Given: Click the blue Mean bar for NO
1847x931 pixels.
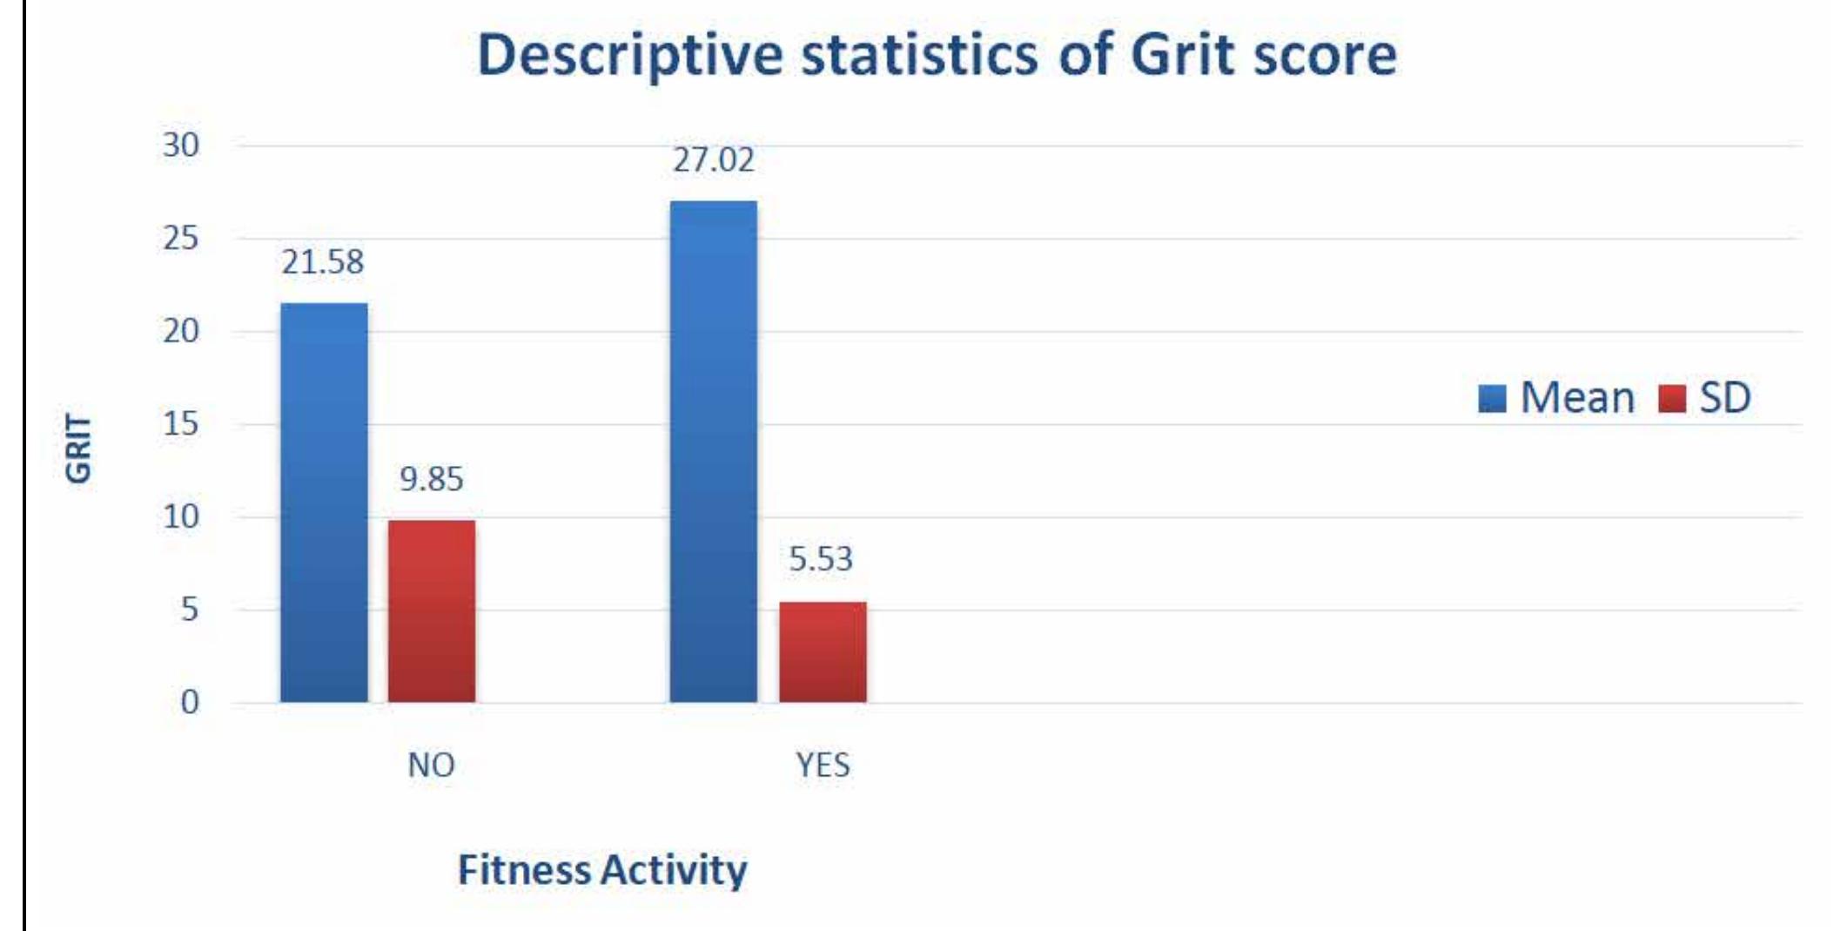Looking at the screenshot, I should click(x=324, y=503).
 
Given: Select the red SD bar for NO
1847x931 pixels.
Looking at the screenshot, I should click(x=432, y=611).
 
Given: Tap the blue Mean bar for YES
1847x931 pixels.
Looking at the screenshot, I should click(x=713, y=451).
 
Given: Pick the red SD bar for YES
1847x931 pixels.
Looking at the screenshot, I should click(x=823, y=651).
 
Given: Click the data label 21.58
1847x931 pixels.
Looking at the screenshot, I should click(x=322, y=262).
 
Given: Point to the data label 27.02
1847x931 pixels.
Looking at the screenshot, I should click(x=713, y=160).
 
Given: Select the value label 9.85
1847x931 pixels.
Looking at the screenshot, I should click(x=432, y=479).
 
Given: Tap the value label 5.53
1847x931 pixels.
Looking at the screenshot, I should click(x=821, y=559).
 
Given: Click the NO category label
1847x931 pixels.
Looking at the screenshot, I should click(x=431, y=766).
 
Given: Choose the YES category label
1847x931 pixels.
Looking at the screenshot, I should click(x=823, y=766).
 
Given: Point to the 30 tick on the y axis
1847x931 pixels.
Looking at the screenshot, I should click(x=181, y=145).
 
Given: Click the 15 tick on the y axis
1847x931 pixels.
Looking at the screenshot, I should click(x=181, y=424).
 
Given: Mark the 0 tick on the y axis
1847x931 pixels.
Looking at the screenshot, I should click(x=190, y=702).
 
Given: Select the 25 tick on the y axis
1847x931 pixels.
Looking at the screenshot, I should click(x=181, y=238).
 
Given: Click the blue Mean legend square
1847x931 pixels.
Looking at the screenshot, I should click(x=1492, y=399).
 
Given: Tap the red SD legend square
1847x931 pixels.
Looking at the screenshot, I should click(x=1672, y=399).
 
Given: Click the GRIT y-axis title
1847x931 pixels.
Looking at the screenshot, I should click(x=78, y=448).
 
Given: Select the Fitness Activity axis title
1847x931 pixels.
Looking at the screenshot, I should click(x=602, y=870).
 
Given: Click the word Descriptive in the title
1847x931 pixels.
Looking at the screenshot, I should click(x=630, y=56).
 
